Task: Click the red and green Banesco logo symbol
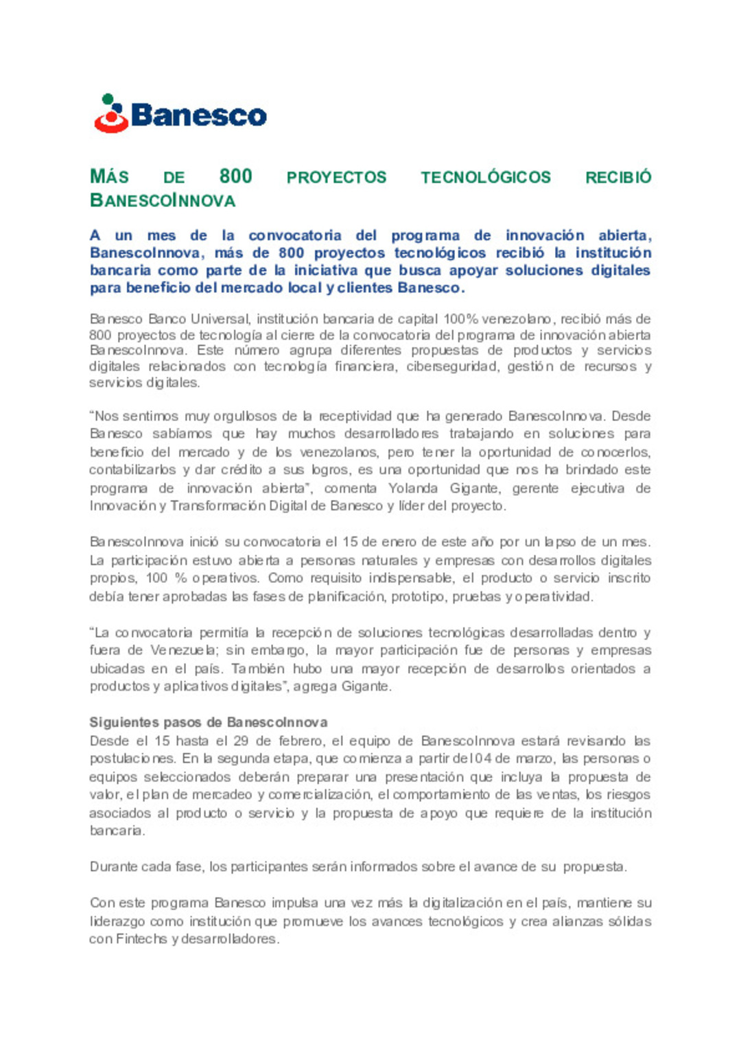[x=110, y=114]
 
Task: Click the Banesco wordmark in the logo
[x=198, y=115]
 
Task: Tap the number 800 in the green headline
[x=235, y=177]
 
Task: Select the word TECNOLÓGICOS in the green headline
[x=485, y=178]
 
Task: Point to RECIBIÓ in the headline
[x=617, y=178]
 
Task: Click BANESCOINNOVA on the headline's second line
[x=163, y=201]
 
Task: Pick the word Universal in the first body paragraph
[x=220, y=319]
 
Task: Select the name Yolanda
[x=412, y=488]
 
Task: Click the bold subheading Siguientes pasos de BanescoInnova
[x=209, y=722]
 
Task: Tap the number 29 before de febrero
[x=240, y=741]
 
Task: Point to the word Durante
[x=113, y=867]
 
